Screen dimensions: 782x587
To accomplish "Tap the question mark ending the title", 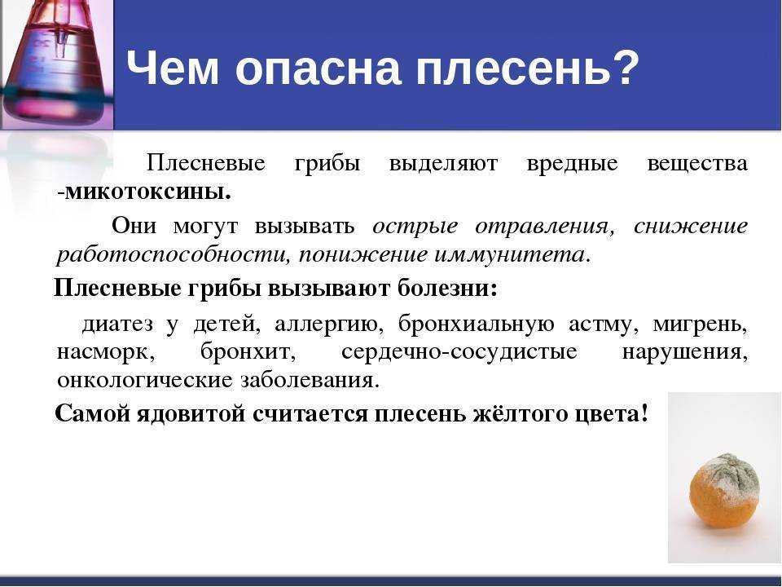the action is (x=626, y=66).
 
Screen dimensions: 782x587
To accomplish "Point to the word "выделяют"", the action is (x=443, y=164).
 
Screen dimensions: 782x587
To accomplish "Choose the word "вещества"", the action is (x=697, y=164).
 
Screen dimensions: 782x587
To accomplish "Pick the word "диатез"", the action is (x=117, y=324).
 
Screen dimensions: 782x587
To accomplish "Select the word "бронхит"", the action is (x=248, y=352).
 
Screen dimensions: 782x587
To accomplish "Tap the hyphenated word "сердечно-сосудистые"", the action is (x=459, y=352).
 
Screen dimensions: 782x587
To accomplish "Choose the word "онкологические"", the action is (x=145, y=381).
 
